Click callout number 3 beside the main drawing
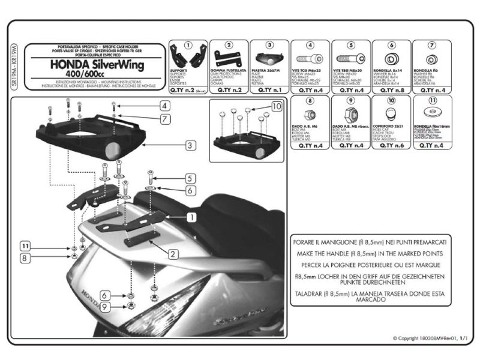click(188, 145)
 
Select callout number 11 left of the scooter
click(24, 245)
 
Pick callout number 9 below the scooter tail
click(104, 307)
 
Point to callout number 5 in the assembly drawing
click(188, 178)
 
